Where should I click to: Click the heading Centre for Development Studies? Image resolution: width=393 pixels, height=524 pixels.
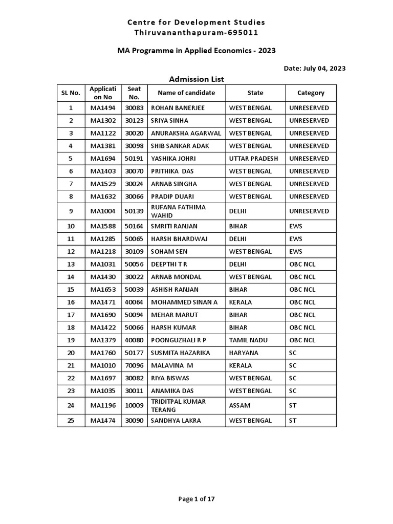196,22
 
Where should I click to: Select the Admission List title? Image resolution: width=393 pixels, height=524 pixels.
196,79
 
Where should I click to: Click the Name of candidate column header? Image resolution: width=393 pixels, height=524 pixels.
186,93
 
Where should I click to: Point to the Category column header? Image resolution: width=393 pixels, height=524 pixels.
311,93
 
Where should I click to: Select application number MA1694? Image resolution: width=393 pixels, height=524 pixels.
103,159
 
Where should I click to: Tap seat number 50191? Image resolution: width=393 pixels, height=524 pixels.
134,159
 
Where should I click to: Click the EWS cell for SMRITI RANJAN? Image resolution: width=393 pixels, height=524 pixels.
296,226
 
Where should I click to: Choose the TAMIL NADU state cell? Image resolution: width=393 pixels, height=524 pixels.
249,340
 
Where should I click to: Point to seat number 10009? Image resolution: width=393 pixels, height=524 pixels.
134,406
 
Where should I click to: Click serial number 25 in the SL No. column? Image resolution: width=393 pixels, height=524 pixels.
71,421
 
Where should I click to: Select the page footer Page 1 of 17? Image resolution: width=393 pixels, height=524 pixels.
196,499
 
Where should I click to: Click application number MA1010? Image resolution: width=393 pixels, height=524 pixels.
103,366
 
